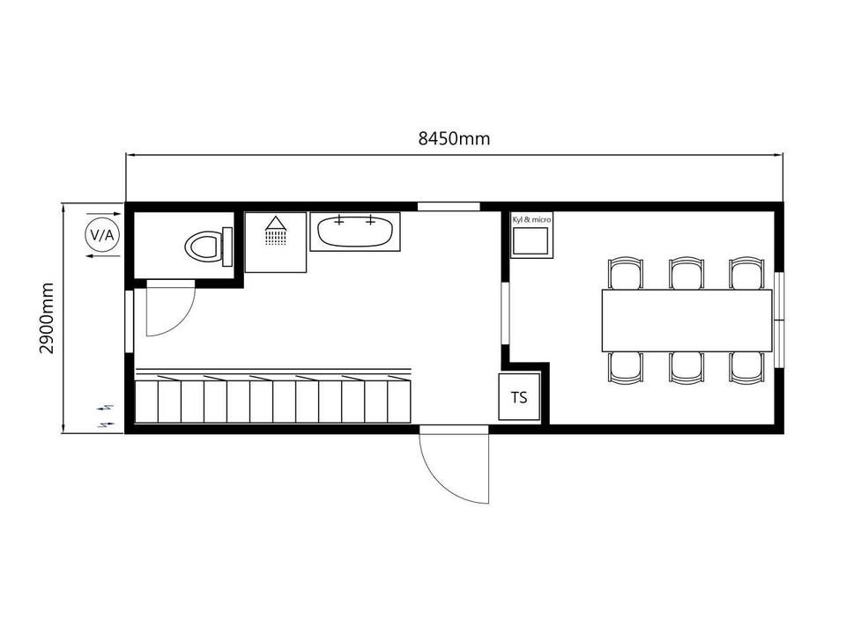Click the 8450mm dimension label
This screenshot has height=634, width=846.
(454, 139)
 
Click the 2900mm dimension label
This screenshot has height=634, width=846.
(47, 318)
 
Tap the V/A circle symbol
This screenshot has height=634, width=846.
(102, 235)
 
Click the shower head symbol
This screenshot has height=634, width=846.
(276, 230)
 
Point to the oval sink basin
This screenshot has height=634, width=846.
(354, 232)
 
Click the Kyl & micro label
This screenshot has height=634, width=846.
(531, 220)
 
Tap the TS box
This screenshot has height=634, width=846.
(519, 397)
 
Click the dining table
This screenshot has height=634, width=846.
(686, 321)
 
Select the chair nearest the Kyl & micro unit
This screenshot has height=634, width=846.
(625, 273)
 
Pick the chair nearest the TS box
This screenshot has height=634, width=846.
(625, 367)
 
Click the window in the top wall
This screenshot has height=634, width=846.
(449, 206)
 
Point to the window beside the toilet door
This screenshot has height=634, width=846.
(130, 321)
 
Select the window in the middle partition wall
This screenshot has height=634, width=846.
(505, 313)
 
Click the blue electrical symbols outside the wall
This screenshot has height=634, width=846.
(107, 416)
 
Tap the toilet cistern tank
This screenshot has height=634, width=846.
(227, 247)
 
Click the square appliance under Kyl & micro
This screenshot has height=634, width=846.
(531, 241)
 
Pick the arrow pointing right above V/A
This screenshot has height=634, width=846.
(104, 214)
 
